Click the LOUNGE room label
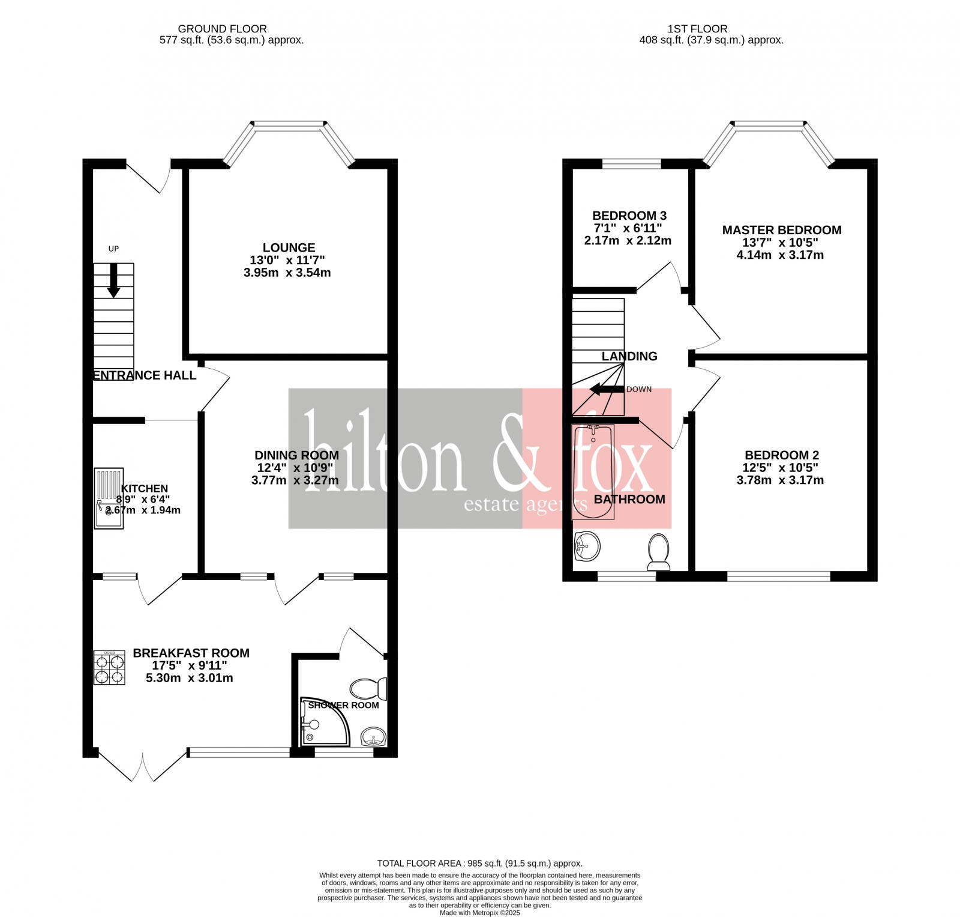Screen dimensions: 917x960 289,247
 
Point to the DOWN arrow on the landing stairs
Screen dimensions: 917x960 607,389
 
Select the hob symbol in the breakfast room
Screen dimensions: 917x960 109,668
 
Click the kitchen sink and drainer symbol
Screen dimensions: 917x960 109,498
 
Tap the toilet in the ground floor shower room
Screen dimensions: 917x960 368,688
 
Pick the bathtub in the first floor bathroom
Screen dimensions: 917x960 593,471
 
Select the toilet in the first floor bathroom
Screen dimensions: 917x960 659,551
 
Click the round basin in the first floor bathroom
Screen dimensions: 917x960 587,545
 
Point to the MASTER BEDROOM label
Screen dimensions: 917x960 781,230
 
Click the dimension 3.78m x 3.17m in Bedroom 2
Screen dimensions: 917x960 780,480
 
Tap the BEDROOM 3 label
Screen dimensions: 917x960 629,216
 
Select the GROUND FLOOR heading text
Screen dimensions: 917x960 222,29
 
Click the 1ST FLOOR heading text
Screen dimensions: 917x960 697,29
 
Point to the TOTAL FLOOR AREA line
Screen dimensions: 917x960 479,863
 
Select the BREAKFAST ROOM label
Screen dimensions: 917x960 191,653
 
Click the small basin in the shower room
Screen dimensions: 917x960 373,737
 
